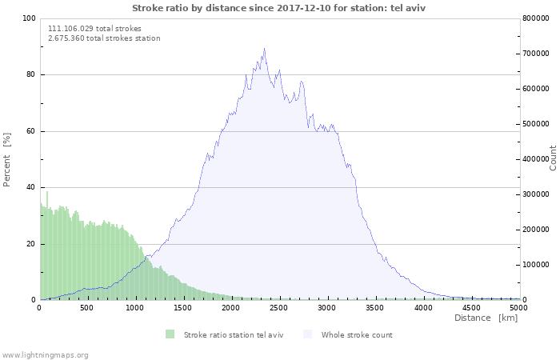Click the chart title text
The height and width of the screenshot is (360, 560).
(x=278, y=7)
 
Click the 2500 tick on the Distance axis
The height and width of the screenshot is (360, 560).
(x=279, y=307)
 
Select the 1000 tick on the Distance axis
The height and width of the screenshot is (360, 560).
(x=135, y=307)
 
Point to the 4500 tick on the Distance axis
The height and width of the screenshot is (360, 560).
(x=471, y=307)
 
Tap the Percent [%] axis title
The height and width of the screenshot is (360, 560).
(x=7, y=159)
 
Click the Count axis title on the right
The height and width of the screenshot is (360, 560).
(x=553, y=158)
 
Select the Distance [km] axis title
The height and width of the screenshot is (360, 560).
(x=486, y=318)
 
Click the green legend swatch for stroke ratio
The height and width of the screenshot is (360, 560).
(x=170, y=334)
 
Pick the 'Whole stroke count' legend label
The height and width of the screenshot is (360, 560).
(x=357, y=334)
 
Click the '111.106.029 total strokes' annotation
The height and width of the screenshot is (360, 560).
(x=94, y=28)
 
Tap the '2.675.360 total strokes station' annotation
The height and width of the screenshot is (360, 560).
(x=104, y=38)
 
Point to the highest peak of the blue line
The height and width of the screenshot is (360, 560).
(x=264, y=48)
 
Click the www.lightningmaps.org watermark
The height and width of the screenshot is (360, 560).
(x=45, y=354)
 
